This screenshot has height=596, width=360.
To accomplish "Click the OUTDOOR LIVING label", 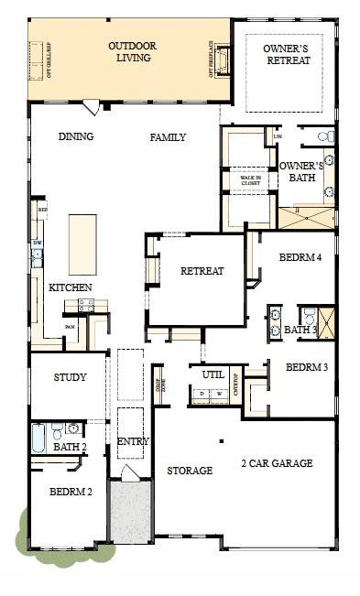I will (x=133, y=51).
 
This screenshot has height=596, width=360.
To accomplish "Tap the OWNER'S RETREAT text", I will (x=287, y=54).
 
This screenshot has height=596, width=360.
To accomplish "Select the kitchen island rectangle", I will (x=82, y=244).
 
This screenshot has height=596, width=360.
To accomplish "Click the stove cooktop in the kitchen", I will (x=86, y=306).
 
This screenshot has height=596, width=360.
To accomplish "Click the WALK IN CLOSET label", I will (x=250, y=180).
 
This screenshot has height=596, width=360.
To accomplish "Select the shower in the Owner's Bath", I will (x=306, y=218).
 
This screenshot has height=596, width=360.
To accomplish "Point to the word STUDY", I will (x=70, y=377).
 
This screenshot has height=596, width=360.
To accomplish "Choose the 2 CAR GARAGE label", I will (x=277, y=463).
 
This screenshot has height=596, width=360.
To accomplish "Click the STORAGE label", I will (x=190, y=471).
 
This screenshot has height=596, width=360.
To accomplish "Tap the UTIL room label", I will (x=213, y=374).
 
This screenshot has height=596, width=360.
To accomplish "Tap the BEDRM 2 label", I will (x=70, y=492).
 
